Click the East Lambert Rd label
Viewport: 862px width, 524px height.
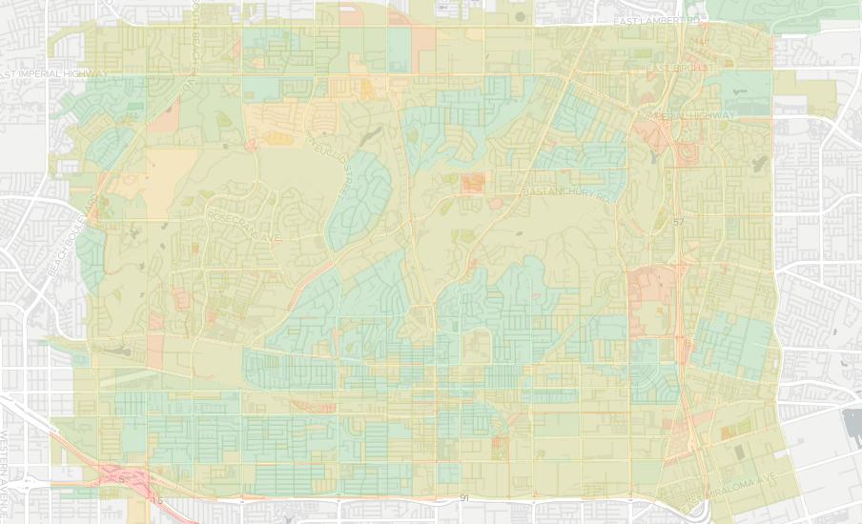pyautogui.click(x=657, y=20)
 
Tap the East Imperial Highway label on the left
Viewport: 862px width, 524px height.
pyautogui.click(x=55, y=73)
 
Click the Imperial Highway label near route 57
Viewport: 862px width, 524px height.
pyautogui.click(x=693, y=115)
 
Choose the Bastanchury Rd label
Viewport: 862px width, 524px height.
pyautogui.click(x=564, y=193)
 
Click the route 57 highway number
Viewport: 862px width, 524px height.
pyautogui.click(x=678, y=222)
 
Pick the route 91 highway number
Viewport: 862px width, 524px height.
pyautogui.click(x=464, y=498)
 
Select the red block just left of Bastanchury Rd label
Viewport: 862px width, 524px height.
pyautogui.click(x=472, y=182)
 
